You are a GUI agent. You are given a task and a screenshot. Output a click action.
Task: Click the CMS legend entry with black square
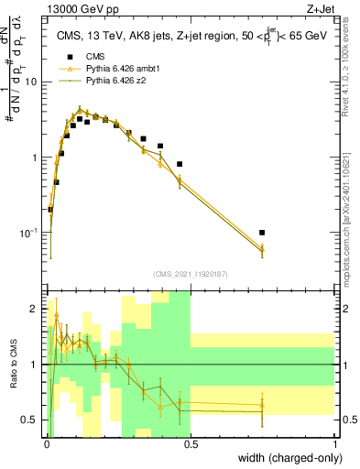click(92, 56)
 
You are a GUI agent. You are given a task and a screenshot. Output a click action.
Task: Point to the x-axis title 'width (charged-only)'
click(285, 458)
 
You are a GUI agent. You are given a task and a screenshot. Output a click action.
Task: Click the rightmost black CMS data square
click(262, 233)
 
